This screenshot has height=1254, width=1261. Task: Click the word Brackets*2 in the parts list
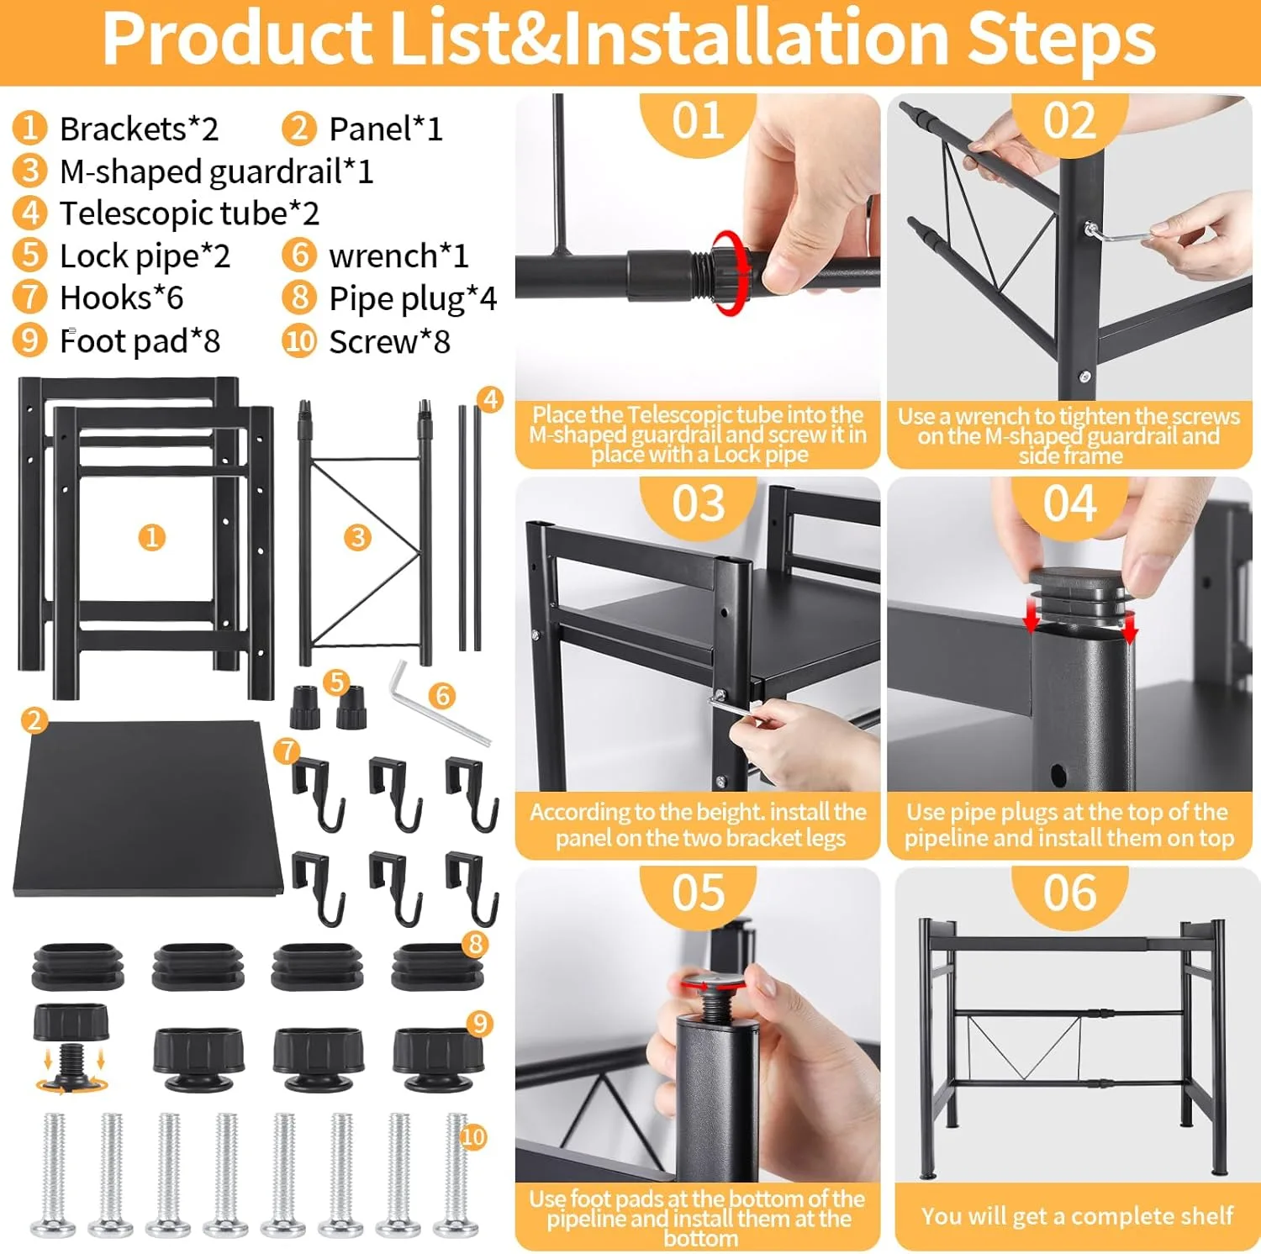pos(139,129)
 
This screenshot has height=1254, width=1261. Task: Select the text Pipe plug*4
pos(413,299)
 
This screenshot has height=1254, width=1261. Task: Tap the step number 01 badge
pos(698,121)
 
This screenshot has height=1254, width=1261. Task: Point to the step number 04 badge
pos(1069,504)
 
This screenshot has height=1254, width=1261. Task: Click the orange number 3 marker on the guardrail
pos(358,537)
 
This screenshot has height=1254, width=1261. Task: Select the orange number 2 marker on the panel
pos(34,720)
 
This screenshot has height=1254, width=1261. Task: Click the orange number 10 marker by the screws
pos(473,1137)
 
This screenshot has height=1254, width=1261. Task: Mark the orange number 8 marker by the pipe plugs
pos(476,944)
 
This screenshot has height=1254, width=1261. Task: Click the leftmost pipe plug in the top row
pos(77,966)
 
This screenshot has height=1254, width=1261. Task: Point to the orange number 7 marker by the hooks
pos(287,751)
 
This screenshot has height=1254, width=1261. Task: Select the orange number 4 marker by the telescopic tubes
pos(490,399)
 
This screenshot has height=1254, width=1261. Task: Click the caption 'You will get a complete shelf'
pos(1077,1216)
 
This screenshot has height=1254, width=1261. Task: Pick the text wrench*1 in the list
pos(398,256)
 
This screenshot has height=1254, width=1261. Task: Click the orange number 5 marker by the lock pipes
pos(337,682)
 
